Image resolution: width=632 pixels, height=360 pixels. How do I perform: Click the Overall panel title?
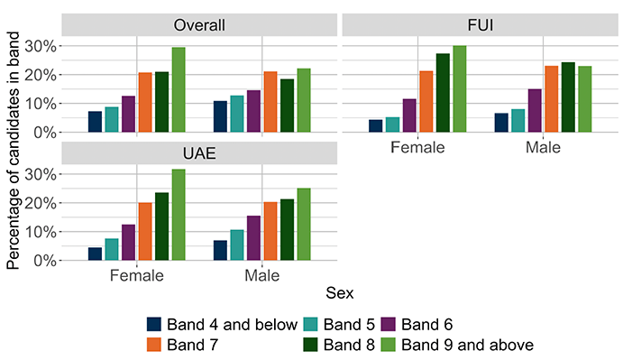point(199,25)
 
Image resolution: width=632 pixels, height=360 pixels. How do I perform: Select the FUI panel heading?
point(480,25)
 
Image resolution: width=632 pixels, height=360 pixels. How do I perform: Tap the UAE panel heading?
point(199,153)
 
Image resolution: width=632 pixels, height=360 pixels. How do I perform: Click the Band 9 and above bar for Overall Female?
point(179,89)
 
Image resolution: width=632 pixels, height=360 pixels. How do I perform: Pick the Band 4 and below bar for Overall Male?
point(220,116)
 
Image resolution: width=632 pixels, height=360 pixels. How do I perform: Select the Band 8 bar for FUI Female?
point(443,93)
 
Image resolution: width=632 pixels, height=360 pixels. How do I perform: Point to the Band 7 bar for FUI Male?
point(552,99)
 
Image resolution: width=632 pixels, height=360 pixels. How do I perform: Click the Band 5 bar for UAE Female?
point(112,249)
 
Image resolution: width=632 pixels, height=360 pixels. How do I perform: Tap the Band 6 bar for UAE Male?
point(253,238)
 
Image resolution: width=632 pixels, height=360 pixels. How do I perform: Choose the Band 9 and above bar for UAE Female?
point(179,215)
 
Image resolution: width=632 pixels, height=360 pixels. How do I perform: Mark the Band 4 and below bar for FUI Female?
point(376,126)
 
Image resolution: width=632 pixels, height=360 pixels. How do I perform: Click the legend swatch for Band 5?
point(310,324)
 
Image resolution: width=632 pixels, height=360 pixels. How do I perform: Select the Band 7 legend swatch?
point(153,345)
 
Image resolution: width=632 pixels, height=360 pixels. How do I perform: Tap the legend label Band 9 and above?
point(467,345)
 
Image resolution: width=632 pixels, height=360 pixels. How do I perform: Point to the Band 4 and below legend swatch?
point(153,324)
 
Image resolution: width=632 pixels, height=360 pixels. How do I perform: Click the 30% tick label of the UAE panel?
point(41,174)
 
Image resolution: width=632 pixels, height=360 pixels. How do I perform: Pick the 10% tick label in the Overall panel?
point(41,104)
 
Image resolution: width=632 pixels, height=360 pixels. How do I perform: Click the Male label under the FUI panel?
point(543,147)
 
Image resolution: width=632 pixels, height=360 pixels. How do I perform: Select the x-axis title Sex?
point(339,293)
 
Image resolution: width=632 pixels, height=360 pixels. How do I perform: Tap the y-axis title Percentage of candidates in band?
point(13,151)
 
